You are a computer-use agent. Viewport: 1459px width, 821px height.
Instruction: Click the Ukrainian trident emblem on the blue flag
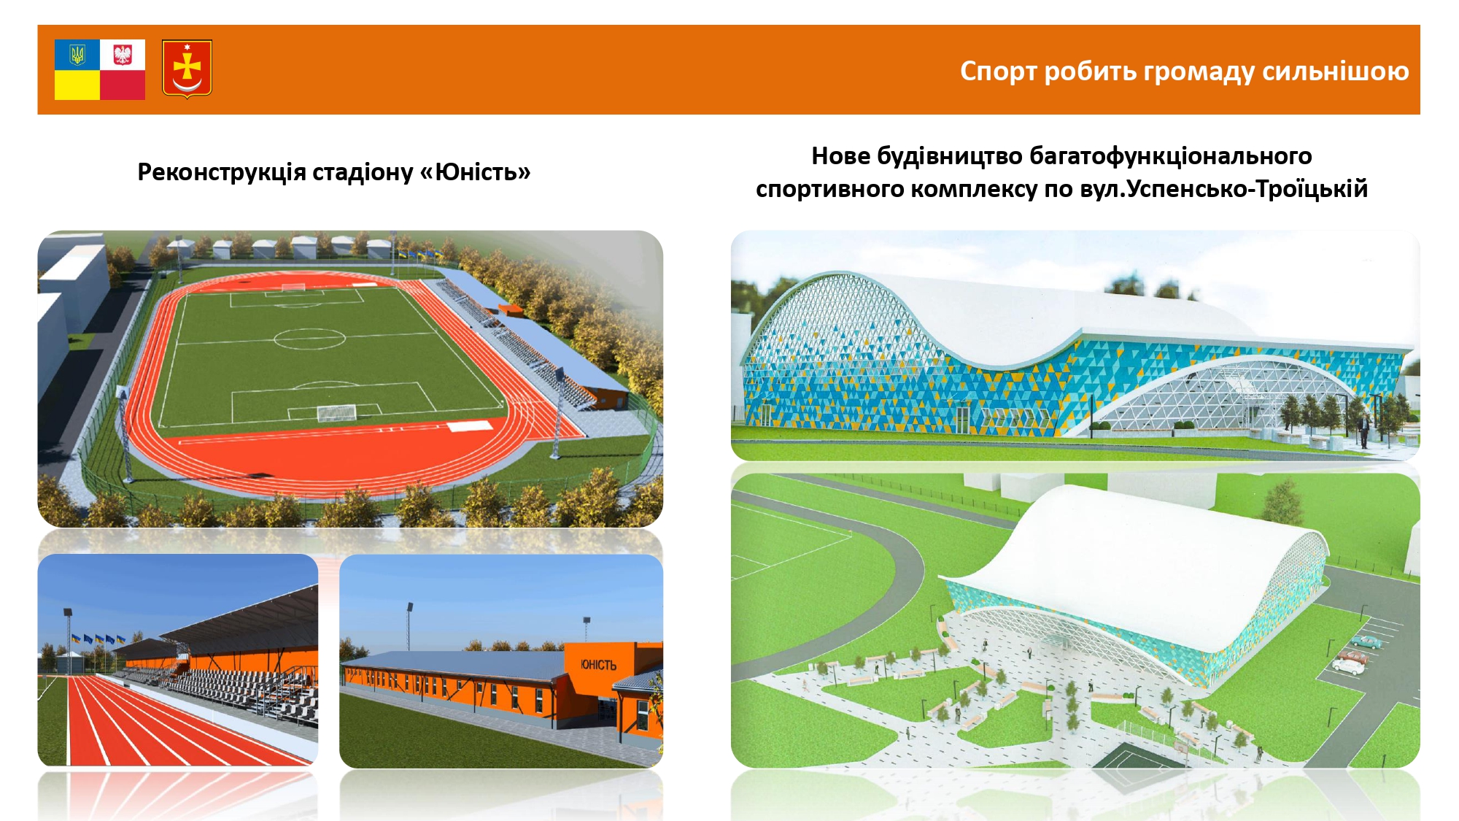(77, 55)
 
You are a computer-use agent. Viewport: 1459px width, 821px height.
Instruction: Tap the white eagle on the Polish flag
(123, 55)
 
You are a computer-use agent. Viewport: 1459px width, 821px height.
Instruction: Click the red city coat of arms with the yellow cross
(187, 69)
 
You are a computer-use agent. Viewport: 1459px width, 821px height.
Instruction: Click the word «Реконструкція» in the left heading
(222, 173)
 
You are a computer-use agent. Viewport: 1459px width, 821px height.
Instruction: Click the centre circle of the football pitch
(309, 339)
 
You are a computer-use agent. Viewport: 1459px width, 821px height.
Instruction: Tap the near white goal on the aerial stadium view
(336, 414)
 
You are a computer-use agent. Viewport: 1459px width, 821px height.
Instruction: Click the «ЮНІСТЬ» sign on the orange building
(598, 665)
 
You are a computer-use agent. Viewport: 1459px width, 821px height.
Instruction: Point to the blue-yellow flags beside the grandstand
(96, 639)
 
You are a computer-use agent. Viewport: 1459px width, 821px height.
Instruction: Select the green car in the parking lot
(1365, 642)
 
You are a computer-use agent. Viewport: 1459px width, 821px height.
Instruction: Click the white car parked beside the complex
(1348, 666)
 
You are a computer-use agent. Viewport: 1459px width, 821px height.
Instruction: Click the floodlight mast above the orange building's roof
(587, 631)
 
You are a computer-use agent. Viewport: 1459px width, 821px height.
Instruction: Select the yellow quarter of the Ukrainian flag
(77, 85)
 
